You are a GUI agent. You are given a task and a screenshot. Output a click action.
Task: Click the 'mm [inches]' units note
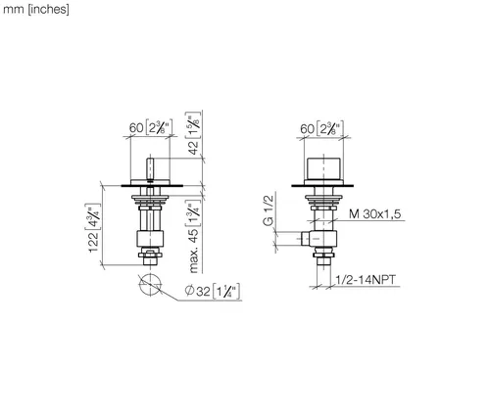click(x=36, y=9)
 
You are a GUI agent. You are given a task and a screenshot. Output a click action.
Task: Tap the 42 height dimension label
click(x=194, y=148)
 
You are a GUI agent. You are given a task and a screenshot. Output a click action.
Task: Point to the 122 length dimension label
click(x=93, y=242)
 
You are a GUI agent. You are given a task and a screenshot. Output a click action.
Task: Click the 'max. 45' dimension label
click(x=194, y=251)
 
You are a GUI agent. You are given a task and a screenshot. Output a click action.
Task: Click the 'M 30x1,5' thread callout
click(x=375, y=214)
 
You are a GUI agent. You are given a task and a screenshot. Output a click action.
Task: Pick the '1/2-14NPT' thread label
click(x=366, y=280)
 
